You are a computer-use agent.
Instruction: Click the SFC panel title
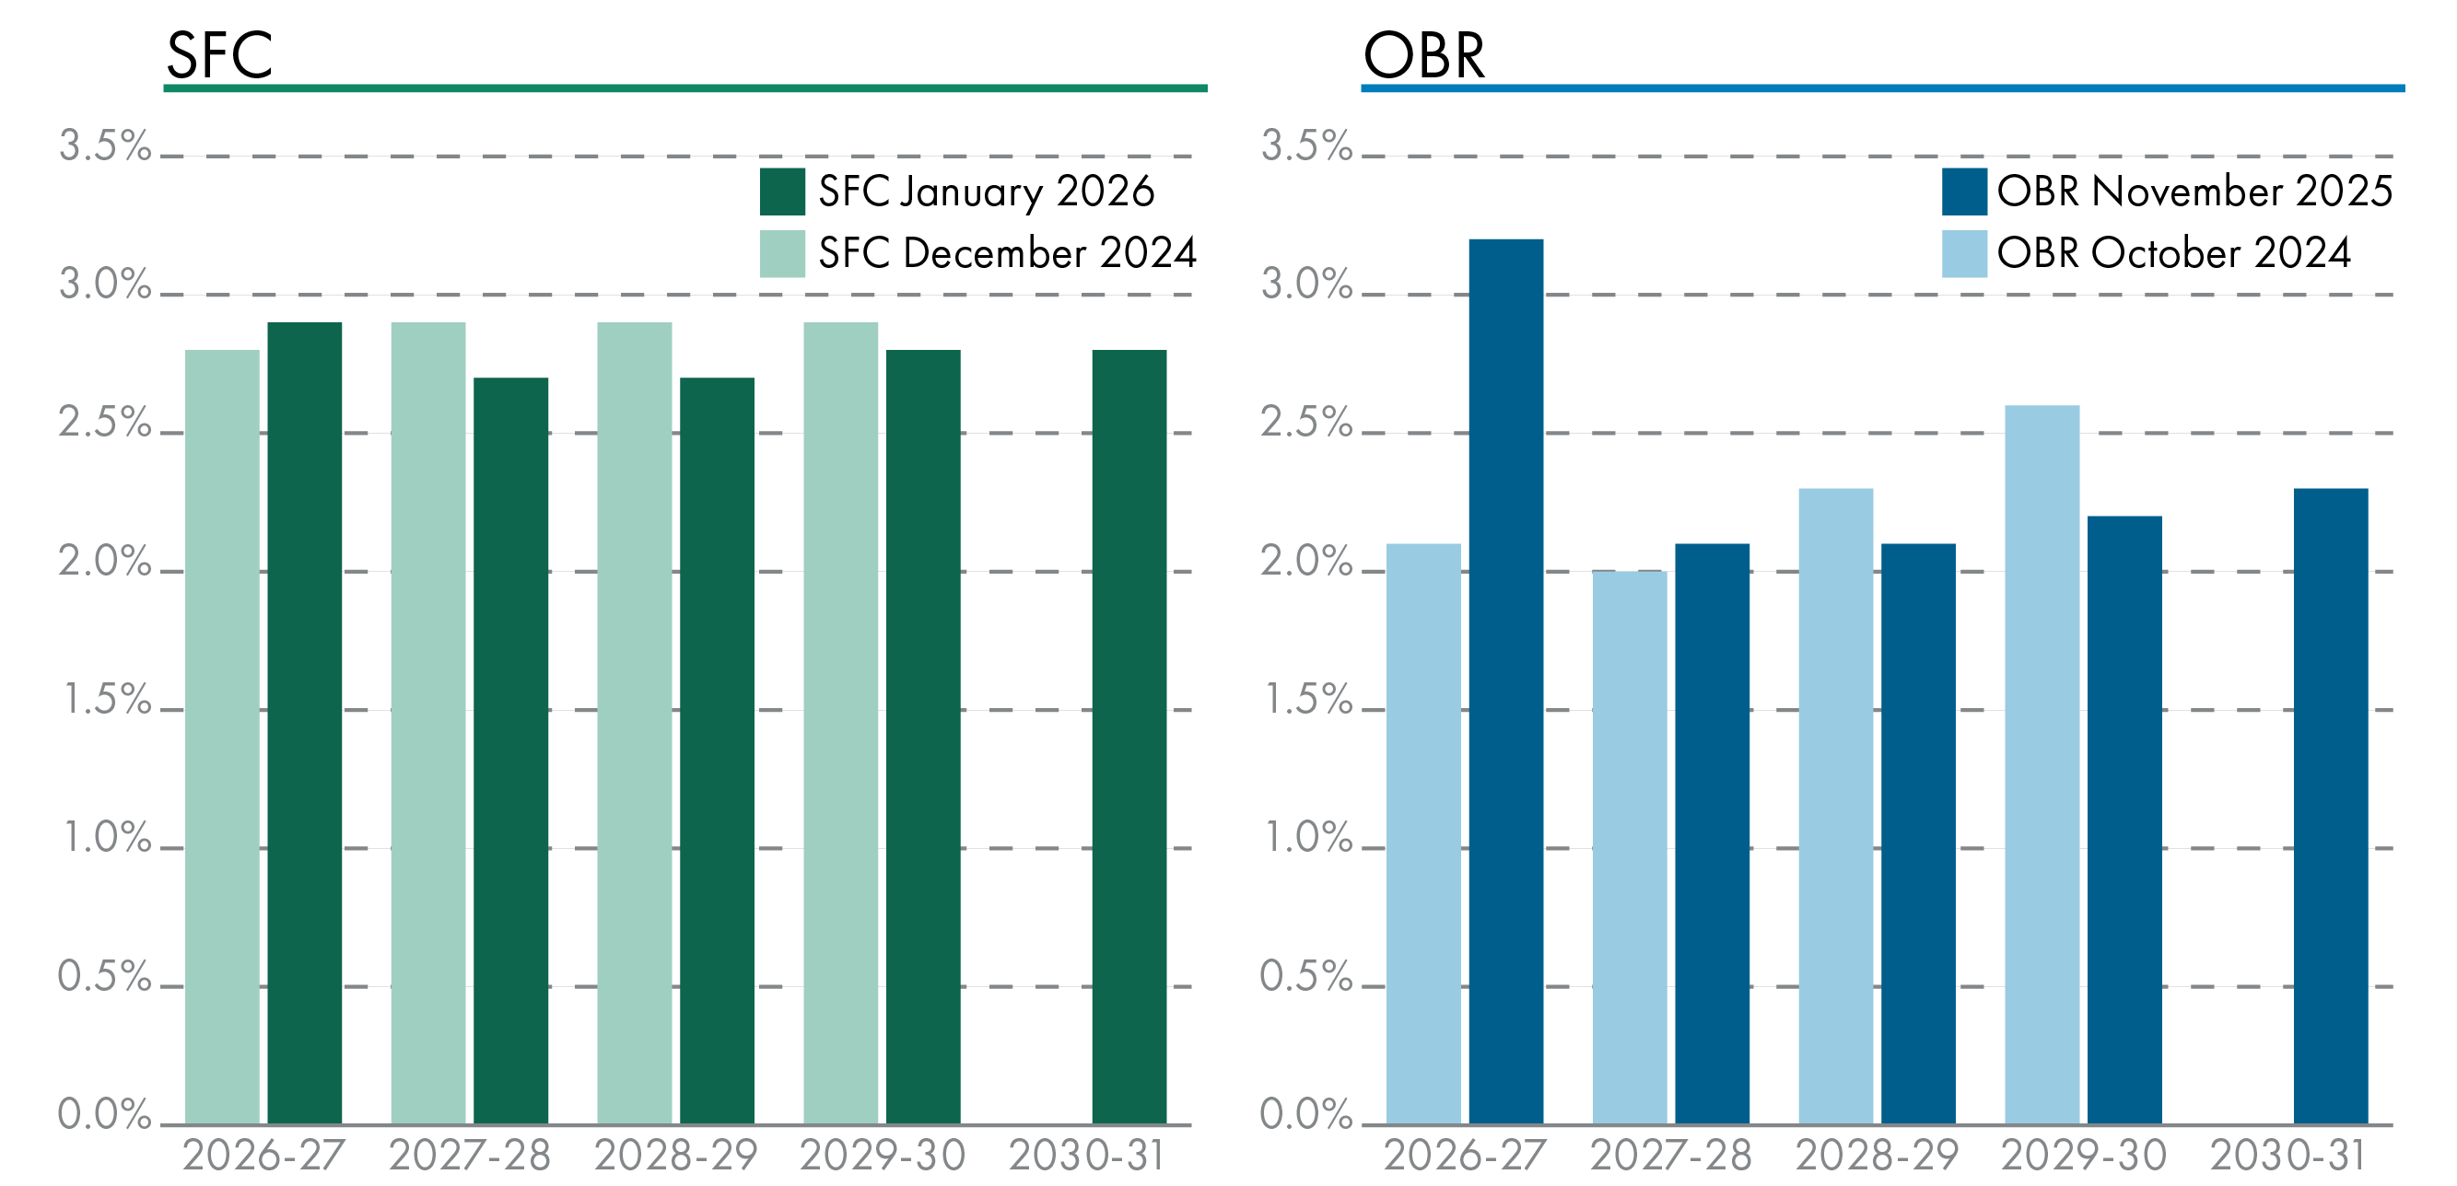219,54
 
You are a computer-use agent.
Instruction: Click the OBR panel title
1423,54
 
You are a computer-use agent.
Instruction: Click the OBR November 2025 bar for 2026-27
1505,680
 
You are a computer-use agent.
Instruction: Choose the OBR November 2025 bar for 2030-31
2330,806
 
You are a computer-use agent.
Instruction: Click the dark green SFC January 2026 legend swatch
782,192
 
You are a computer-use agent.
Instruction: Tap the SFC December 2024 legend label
1006,253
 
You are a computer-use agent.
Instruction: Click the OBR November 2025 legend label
2194,192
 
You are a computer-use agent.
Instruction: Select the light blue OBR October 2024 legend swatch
1964,253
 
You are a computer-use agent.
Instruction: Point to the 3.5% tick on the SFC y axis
105,146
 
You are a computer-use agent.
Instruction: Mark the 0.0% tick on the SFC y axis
105,1114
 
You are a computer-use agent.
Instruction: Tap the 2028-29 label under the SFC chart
675,1156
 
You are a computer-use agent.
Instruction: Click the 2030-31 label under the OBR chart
2287,1156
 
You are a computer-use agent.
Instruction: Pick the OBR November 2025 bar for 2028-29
1918,833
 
